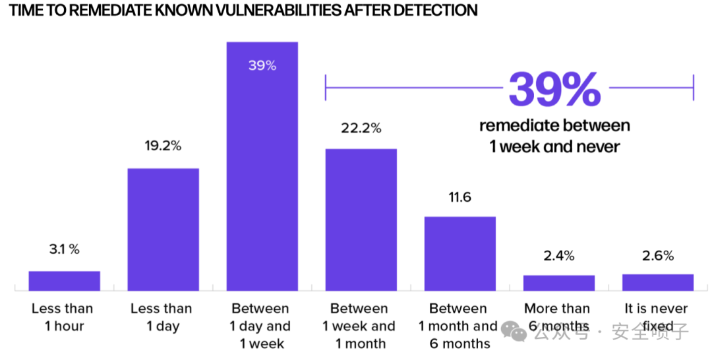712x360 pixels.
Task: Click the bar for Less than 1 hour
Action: (64, 281)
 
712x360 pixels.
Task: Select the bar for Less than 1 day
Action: (163, 229)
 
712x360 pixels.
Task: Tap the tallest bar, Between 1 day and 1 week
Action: (262, 166)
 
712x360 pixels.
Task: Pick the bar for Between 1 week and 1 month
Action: (361, 220)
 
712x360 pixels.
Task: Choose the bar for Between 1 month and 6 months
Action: (460, 253)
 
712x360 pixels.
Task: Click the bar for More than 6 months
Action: (559, 283)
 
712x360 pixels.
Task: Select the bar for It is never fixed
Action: (658, 282)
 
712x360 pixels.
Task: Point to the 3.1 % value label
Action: (65, 249)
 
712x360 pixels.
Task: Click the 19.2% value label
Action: (163, 146)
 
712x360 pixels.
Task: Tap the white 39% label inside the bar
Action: (262, 65)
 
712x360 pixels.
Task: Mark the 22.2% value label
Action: (361, 128)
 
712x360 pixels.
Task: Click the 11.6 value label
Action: (460, 197)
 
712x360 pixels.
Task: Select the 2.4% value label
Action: (559, 256)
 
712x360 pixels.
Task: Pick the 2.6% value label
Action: (658, 256)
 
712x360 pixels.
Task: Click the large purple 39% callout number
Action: (555, 90)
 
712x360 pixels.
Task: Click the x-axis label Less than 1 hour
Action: (63, 317)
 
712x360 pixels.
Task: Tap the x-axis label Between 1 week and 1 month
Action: (359, 326)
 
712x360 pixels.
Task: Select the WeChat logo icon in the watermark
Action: (514, 332)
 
